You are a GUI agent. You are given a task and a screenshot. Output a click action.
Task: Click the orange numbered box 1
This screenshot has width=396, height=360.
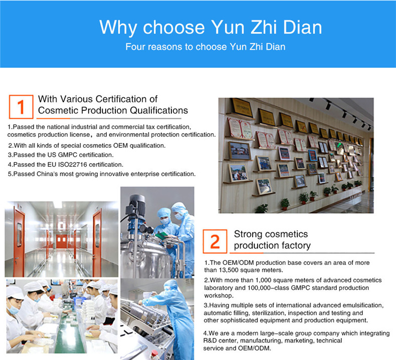[x=21, y=107]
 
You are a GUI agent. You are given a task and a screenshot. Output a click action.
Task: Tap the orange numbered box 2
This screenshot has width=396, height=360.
[x=215, y=241]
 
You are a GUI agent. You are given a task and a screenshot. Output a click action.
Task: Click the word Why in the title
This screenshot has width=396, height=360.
[x=118, y=27]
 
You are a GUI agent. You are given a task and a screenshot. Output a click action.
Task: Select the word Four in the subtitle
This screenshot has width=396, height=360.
[x=135, y=47]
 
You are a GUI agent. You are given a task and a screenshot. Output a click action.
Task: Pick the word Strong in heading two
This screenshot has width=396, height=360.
[x=248, y=234]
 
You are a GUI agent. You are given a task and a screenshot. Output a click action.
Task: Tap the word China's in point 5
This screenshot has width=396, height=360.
[x=47, y=174]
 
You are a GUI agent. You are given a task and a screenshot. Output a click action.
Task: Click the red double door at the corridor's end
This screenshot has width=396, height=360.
[x=61, y=241]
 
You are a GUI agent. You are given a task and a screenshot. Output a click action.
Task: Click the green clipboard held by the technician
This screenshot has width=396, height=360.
[x=162, y=236]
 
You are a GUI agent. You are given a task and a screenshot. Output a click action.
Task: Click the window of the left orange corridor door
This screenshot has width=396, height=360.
[x=19, y=235]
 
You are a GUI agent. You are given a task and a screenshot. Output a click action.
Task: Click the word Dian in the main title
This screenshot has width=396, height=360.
[x=302, y=27]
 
